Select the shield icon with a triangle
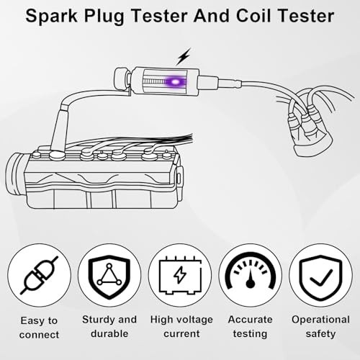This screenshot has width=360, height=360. tap(108, 276)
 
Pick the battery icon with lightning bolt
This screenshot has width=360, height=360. tap(179, 276)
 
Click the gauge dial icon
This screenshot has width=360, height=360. tap(251, 276)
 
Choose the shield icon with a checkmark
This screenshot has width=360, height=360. tap(320, 276)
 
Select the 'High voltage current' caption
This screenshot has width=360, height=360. tap(179, 326)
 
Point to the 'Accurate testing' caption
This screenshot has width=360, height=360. tap(251, 326)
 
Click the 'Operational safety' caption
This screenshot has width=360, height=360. tap(320, 326)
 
